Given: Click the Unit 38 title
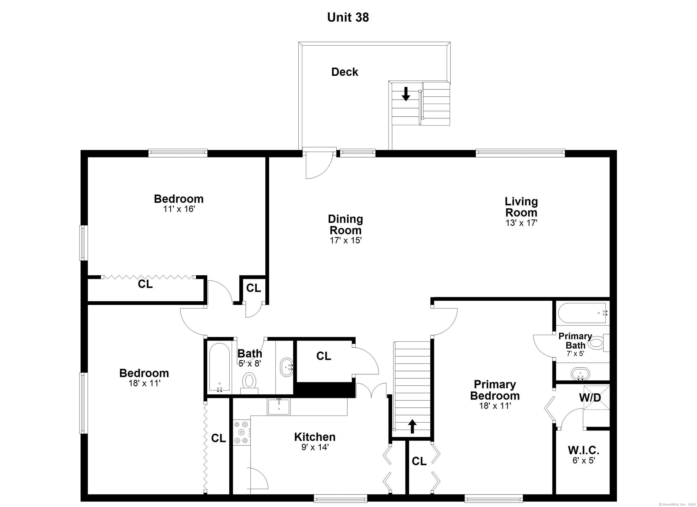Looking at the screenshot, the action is click(x=348, y=17).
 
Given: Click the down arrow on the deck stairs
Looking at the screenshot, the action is click(x=406, y=94).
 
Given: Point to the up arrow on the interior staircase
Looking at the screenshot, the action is click(x=412, y=426).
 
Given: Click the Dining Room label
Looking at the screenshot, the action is click(x=345, y=225).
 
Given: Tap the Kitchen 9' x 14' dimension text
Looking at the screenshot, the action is click(x=315, y=447).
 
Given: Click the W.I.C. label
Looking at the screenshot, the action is click(x=584, y=450).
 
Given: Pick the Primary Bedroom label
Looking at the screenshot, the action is click(x=495, y=390).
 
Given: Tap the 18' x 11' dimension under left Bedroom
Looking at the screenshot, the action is click(x=145, y=383).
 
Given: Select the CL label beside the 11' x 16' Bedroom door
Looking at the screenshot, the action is click(x=253, y=288).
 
